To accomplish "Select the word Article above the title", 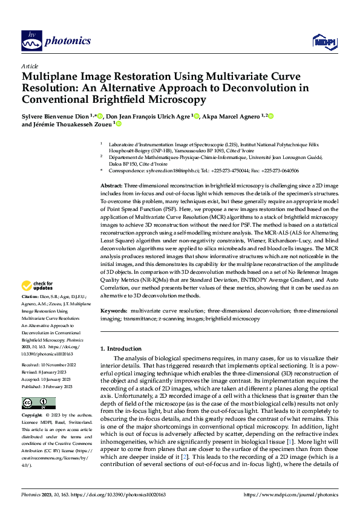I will [x=30, y=66].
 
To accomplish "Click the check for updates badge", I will [x=38, y=285].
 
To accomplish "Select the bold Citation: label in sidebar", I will [x=31, y=298].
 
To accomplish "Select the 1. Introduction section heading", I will [x=120, y=349].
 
